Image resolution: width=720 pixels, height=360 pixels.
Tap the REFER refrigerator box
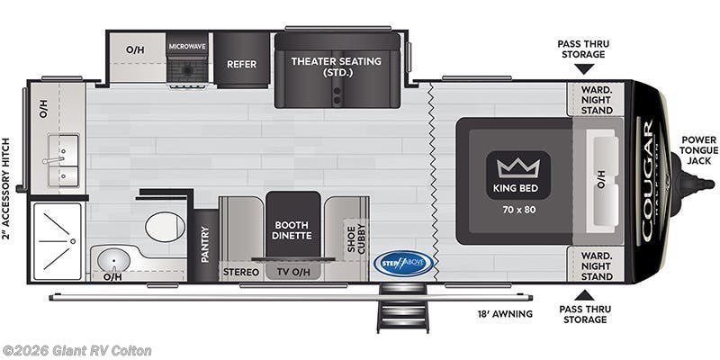(x=242, y=64)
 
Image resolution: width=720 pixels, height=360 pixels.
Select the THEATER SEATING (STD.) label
(x=336, y=67)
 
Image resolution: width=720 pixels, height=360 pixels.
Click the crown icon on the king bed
(x=517, y=166)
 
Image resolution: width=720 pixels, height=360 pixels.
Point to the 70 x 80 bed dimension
(x=517, y=209)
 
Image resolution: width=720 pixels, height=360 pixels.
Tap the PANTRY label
(x=205, y=244)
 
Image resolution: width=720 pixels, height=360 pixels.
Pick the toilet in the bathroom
(x=165, y=227)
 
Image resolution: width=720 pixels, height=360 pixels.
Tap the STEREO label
(x=240, y=272)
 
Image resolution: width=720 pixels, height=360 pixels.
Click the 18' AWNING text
(x=505, y=314)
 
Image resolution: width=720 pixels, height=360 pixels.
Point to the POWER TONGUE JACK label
(x=698, y=150)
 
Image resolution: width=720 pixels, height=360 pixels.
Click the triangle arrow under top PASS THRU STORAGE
(x=584, y=69)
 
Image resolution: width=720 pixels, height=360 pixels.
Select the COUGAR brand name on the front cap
(x=648, y=180)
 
